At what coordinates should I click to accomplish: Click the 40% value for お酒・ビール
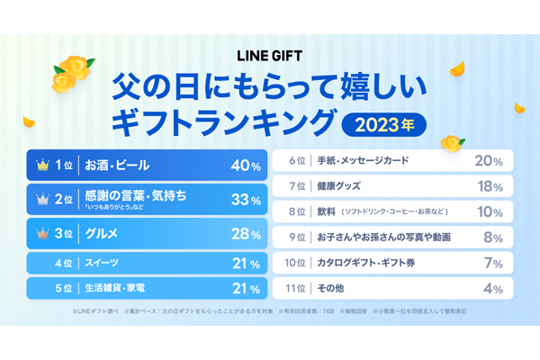point(246,166)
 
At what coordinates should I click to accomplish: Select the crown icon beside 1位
point(40,166)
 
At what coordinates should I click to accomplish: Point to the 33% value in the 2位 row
point(246,199)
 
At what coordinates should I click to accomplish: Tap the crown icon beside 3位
point(40,234)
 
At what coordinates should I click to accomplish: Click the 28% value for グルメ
point(246,234)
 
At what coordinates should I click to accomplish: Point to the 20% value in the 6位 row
point(489,161)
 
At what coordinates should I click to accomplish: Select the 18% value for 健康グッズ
point(490,186)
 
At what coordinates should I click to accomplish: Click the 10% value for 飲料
point(490,212)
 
